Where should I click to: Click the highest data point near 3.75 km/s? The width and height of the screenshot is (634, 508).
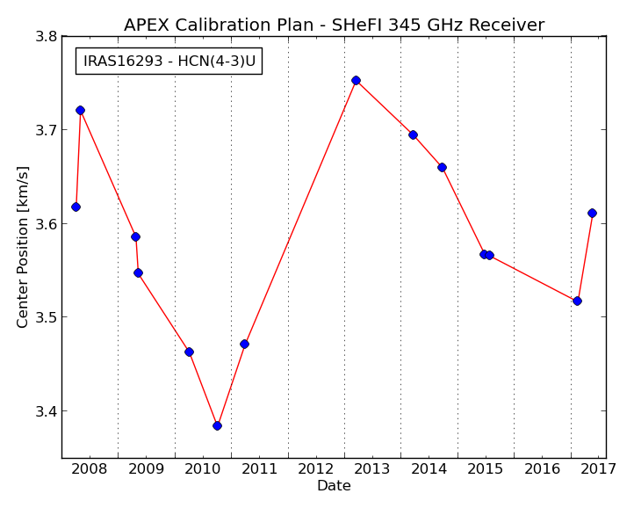point(356,81)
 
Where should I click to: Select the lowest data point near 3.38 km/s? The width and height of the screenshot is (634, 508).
point(217,426)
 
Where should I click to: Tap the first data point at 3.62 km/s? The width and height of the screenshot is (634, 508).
point(76,207)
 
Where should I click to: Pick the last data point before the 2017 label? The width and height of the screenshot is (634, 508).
point(592,214)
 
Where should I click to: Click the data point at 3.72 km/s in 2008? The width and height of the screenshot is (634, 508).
point(80,111)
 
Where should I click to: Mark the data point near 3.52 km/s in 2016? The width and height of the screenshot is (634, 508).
point(577,301)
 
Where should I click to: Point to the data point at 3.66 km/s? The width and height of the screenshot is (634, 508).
point(442,168)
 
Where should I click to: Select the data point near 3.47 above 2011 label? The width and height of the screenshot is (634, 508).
point(244,345)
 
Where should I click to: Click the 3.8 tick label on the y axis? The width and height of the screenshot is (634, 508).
point(46,37)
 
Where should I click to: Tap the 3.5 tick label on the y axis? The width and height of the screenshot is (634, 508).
point(46,317)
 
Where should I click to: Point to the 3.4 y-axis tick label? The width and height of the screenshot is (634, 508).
point(46,411)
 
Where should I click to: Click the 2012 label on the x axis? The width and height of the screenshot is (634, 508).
point(316,469)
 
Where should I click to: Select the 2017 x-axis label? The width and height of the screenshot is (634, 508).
point(599,469)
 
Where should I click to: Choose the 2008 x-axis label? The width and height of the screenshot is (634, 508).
point(89,469)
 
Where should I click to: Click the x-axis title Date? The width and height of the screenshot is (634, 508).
point(334,486)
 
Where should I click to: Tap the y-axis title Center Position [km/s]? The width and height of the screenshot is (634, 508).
point(23,247)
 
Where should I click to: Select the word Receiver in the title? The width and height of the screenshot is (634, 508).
point(507,25)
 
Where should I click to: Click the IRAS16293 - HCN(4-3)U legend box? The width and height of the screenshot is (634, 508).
point(169,62)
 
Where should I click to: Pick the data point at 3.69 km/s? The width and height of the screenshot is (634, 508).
point(413,135)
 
